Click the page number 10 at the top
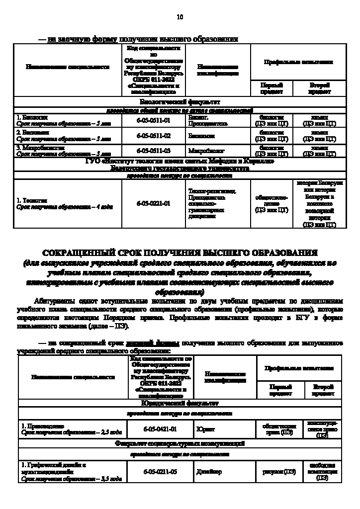180,17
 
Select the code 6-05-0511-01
153,120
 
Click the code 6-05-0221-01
153,203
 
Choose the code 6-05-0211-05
160,472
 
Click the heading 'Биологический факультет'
180,101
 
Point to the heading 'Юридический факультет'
180,403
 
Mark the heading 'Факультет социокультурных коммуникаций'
180,443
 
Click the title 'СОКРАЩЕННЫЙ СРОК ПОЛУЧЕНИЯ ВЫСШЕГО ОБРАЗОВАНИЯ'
180,253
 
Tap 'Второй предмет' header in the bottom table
323,390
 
